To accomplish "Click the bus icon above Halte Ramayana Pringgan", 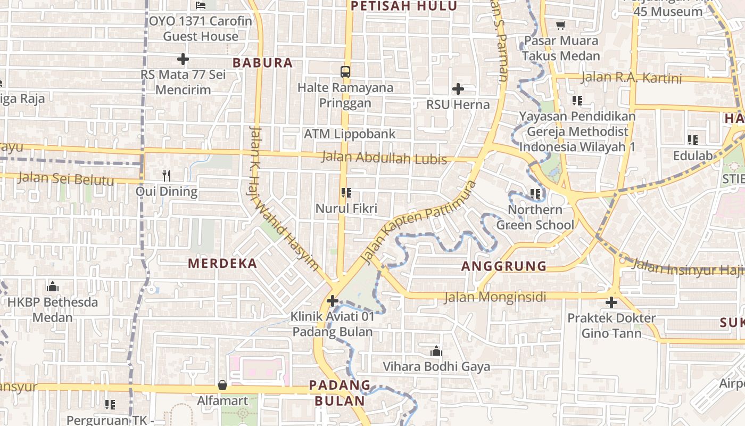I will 345,71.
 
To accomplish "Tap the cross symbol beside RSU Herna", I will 458,89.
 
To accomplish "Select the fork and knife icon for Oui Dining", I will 167,175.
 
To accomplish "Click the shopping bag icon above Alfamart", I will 222,384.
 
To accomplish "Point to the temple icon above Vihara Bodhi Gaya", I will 436,351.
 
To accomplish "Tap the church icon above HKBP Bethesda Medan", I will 52,286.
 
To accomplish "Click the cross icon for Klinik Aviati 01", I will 333,301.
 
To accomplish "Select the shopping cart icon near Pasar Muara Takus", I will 560,25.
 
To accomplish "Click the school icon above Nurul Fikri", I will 346,193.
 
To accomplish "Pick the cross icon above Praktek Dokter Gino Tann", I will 611,302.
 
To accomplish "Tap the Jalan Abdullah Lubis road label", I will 384,158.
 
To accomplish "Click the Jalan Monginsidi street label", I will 495,297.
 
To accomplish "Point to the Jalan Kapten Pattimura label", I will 418,222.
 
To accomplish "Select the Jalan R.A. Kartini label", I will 631,78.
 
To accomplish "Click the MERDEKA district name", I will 222,263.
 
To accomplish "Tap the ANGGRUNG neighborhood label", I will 504,266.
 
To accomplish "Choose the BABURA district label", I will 263,62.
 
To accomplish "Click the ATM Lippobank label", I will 350,134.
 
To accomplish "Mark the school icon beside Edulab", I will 692,140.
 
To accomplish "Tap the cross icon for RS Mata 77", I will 183,59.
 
